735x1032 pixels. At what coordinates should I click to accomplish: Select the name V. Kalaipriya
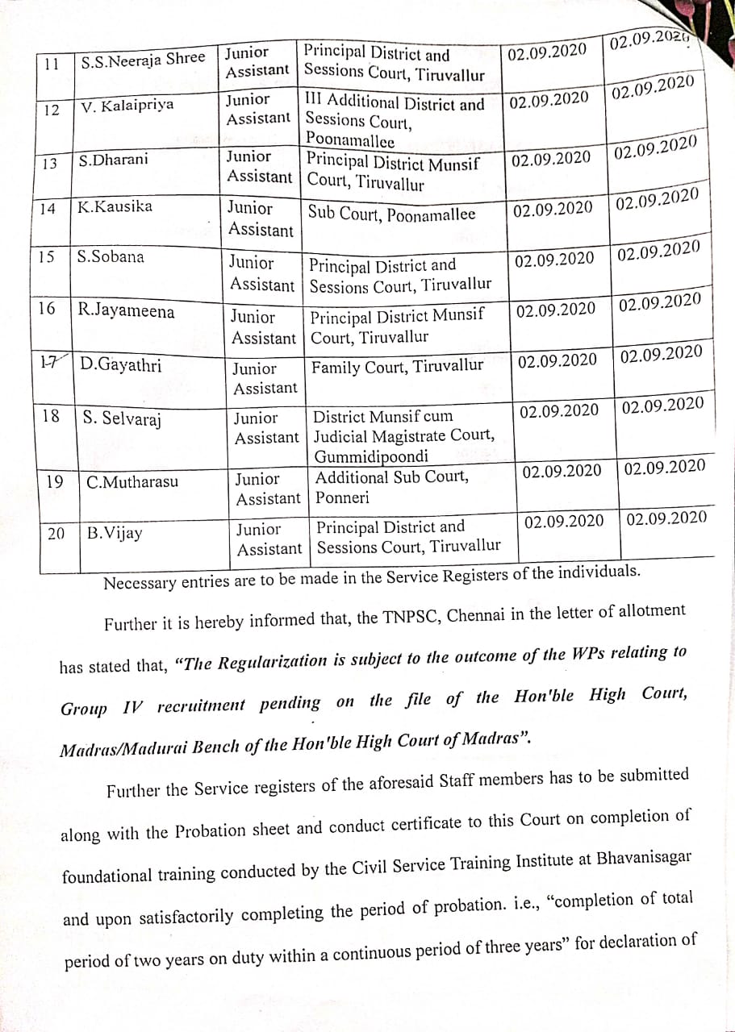point(127,106)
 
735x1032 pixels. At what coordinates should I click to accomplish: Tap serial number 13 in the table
point(49,162)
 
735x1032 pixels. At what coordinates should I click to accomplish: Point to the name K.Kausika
point(115,206)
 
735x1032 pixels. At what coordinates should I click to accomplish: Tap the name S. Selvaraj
point(122,418)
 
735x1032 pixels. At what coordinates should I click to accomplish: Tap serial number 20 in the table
point(56,533)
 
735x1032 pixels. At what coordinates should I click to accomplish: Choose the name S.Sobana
point(111,257)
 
